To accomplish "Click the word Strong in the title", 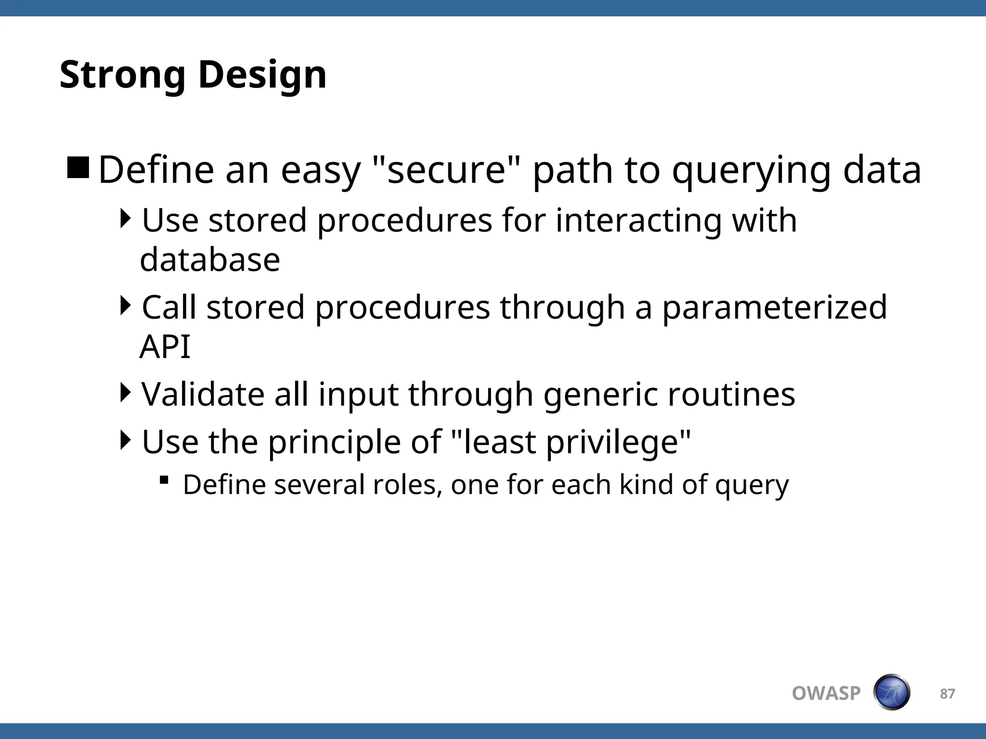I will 122,75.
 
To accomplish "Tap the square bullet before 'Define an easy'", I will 78,167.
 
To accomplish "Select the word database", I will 210,260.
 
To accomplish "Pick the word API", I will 165,346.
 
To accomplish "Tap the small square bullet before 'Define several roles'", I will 164,480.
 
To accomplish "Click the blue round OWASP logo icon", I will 891,692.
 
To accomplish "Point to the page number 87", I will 947,694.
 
